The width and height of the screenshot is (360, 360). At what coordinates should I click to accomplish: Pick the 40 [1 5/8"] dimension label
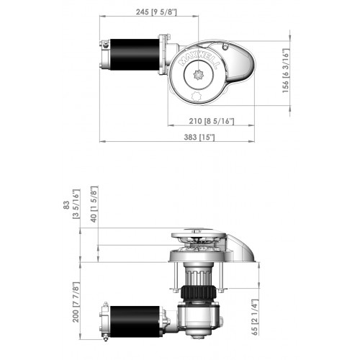click(x=94, y=205)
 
